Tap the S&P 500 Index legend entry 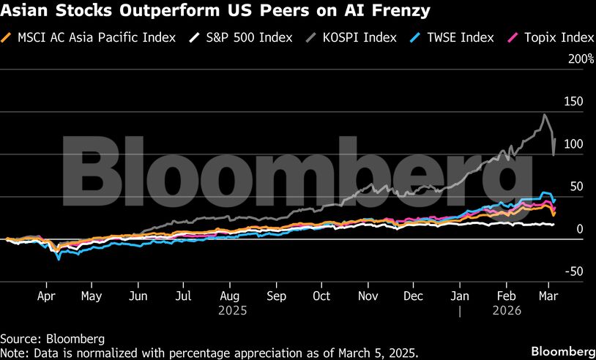(247, 37)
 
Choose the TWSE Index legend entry (459, 37)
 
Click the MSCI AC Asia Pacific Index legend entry (96, 37)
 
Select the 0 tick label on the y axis (579, 229)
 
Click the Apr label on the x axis (47, 296)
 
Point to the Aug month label (229, 296)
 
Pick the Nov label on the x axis (368, 296)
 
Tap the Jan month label (460, 296)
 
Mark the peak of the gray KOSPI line (544, 114)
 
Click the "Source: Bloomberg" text (52, 339)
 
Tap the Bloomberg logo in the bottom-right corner (562, 350)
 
